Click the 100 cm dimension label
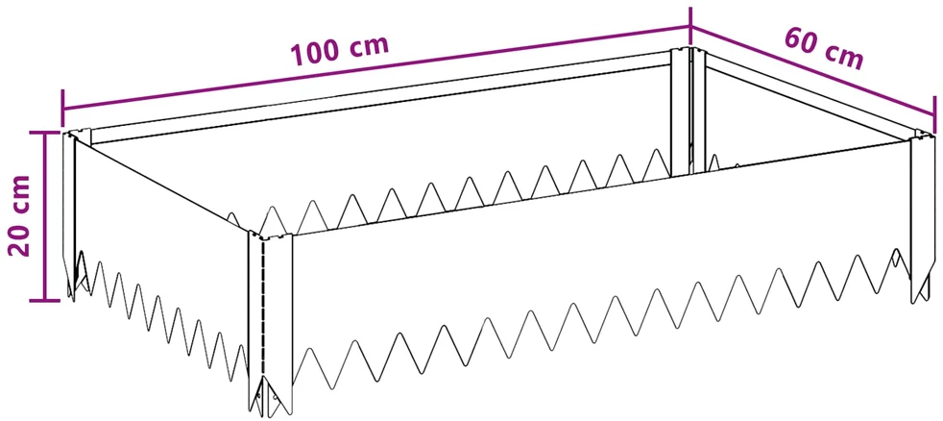pyautogui.click(x=340, y=51)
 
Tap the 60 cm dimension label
pyautogui.click(x=824, y=49)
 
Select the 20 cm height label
pyautogui.click(x=18, y=215)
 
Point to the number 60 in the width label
pyautogui.click(x=801, y=41)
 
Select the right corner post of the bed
pyautogui.click(x=921, y=217)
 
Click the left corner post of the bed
pyautogui.click(x=70, y=213)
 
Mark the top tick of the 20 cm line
pyautogui.click(x=44, y=134)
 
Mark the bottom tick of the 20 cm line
pyautogui.click(x=44, y=299)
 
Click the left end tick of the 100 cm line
pyautogui.click(x=62, y=109)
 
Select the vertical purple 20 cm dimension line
pyautogui.click(x=44, y=216)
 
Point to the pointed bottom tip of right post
pyautogui.click(x=915, y=301)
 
